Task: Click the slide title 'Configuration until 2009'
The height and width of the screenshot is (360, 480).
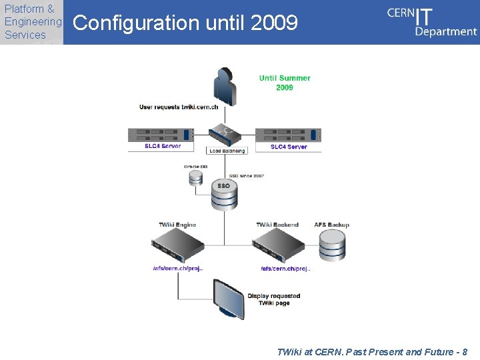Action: [185, 23]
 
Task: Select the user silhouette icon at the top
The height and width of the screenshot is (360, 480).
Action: [225, 85]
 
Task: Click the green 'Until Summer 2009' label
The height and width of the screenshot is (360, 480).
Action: [285, 83]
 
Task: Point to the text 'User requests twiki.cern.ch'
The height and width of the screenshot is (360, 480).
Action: [179, 107]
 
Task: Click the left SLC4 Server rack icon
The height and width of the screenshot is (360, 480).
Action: [161, 135]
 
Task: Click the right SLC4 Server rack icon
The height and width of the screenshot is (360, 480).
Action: [288, 135]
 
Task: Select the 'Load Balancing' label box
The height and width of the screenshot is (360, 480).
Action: [227, 151]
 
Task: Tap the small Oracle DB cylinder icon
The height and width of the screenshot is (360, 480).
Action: [195, 177]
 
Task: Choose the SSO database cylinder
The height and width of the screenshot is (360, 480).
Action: [224, 195]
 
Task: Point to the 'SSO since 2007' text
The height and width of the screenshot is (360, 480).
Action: [247, 175]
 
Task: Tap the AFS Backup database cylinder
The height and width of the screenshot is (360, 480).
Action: [331, 245]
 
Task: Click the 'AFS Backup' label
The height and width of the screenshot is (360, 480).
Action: [331, 225]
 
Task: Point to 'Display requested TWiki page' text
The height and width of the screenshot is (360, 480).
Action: [273, 299]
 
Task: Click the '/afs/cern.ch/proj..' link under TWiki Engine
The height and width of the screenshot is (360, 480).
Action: [177, 269]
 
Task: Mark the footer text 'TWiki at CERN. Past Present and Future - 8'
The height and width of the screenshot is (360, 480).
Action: [371, 351]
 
